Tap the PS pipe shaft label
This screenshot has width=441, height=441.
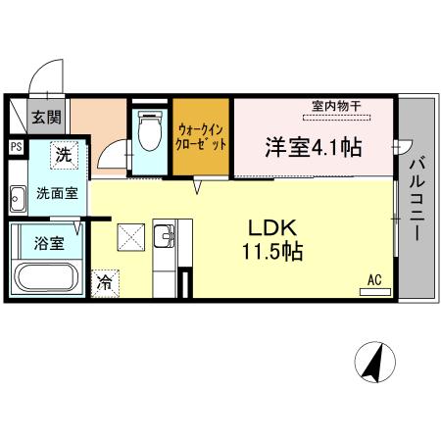coord(16,147)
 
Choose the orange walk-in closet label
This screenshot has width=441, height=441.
coord(202,136)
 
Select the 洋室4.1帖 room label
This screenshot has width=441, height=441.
coord(313,147)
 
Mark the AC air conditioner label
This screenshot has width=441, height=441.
coord(373,280)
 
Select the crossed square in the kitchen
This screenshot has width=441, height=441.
coord(130,236)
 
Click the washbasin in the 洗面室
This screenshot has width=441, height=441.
coord(16,200)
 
